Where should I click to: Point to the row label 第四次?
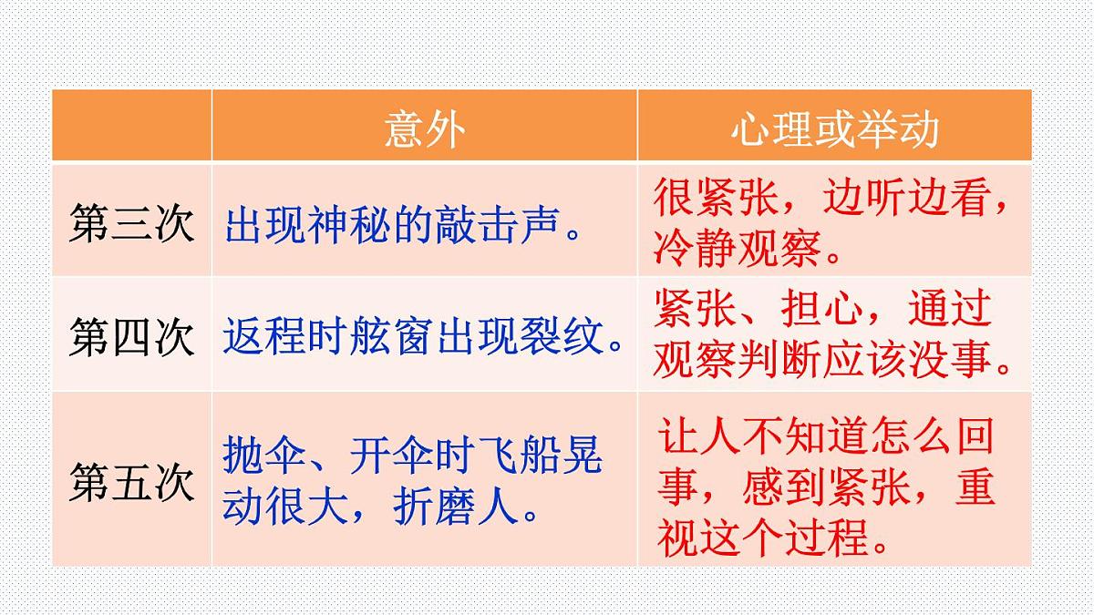(x=131, y=337)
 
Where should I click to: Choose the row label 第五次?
(x=131, y=481)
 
